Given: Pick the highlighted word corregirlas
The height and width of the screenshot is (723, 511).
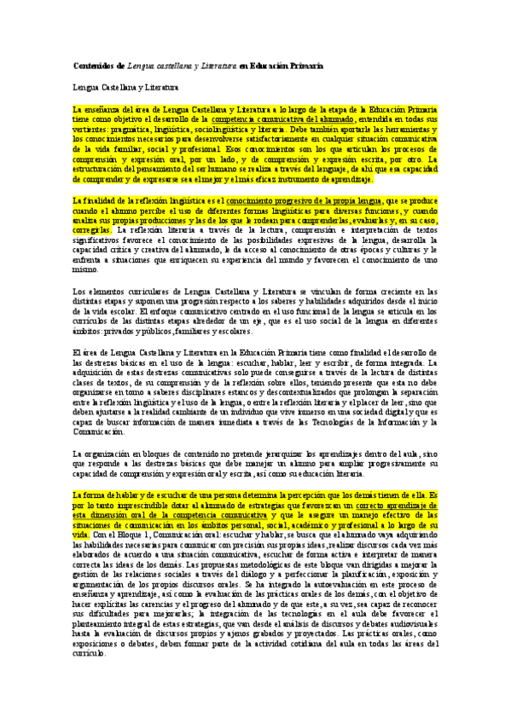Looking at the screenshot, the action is pyautogui.click(x=91, y=229).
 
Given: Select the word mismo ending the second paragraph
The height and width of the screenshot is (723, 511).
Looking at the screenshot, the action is pyautogui.click(x=84, y=270).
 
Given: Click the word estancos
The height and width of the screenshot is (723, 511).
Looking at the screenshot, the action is pyautogui.click(x=287, y=382).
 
